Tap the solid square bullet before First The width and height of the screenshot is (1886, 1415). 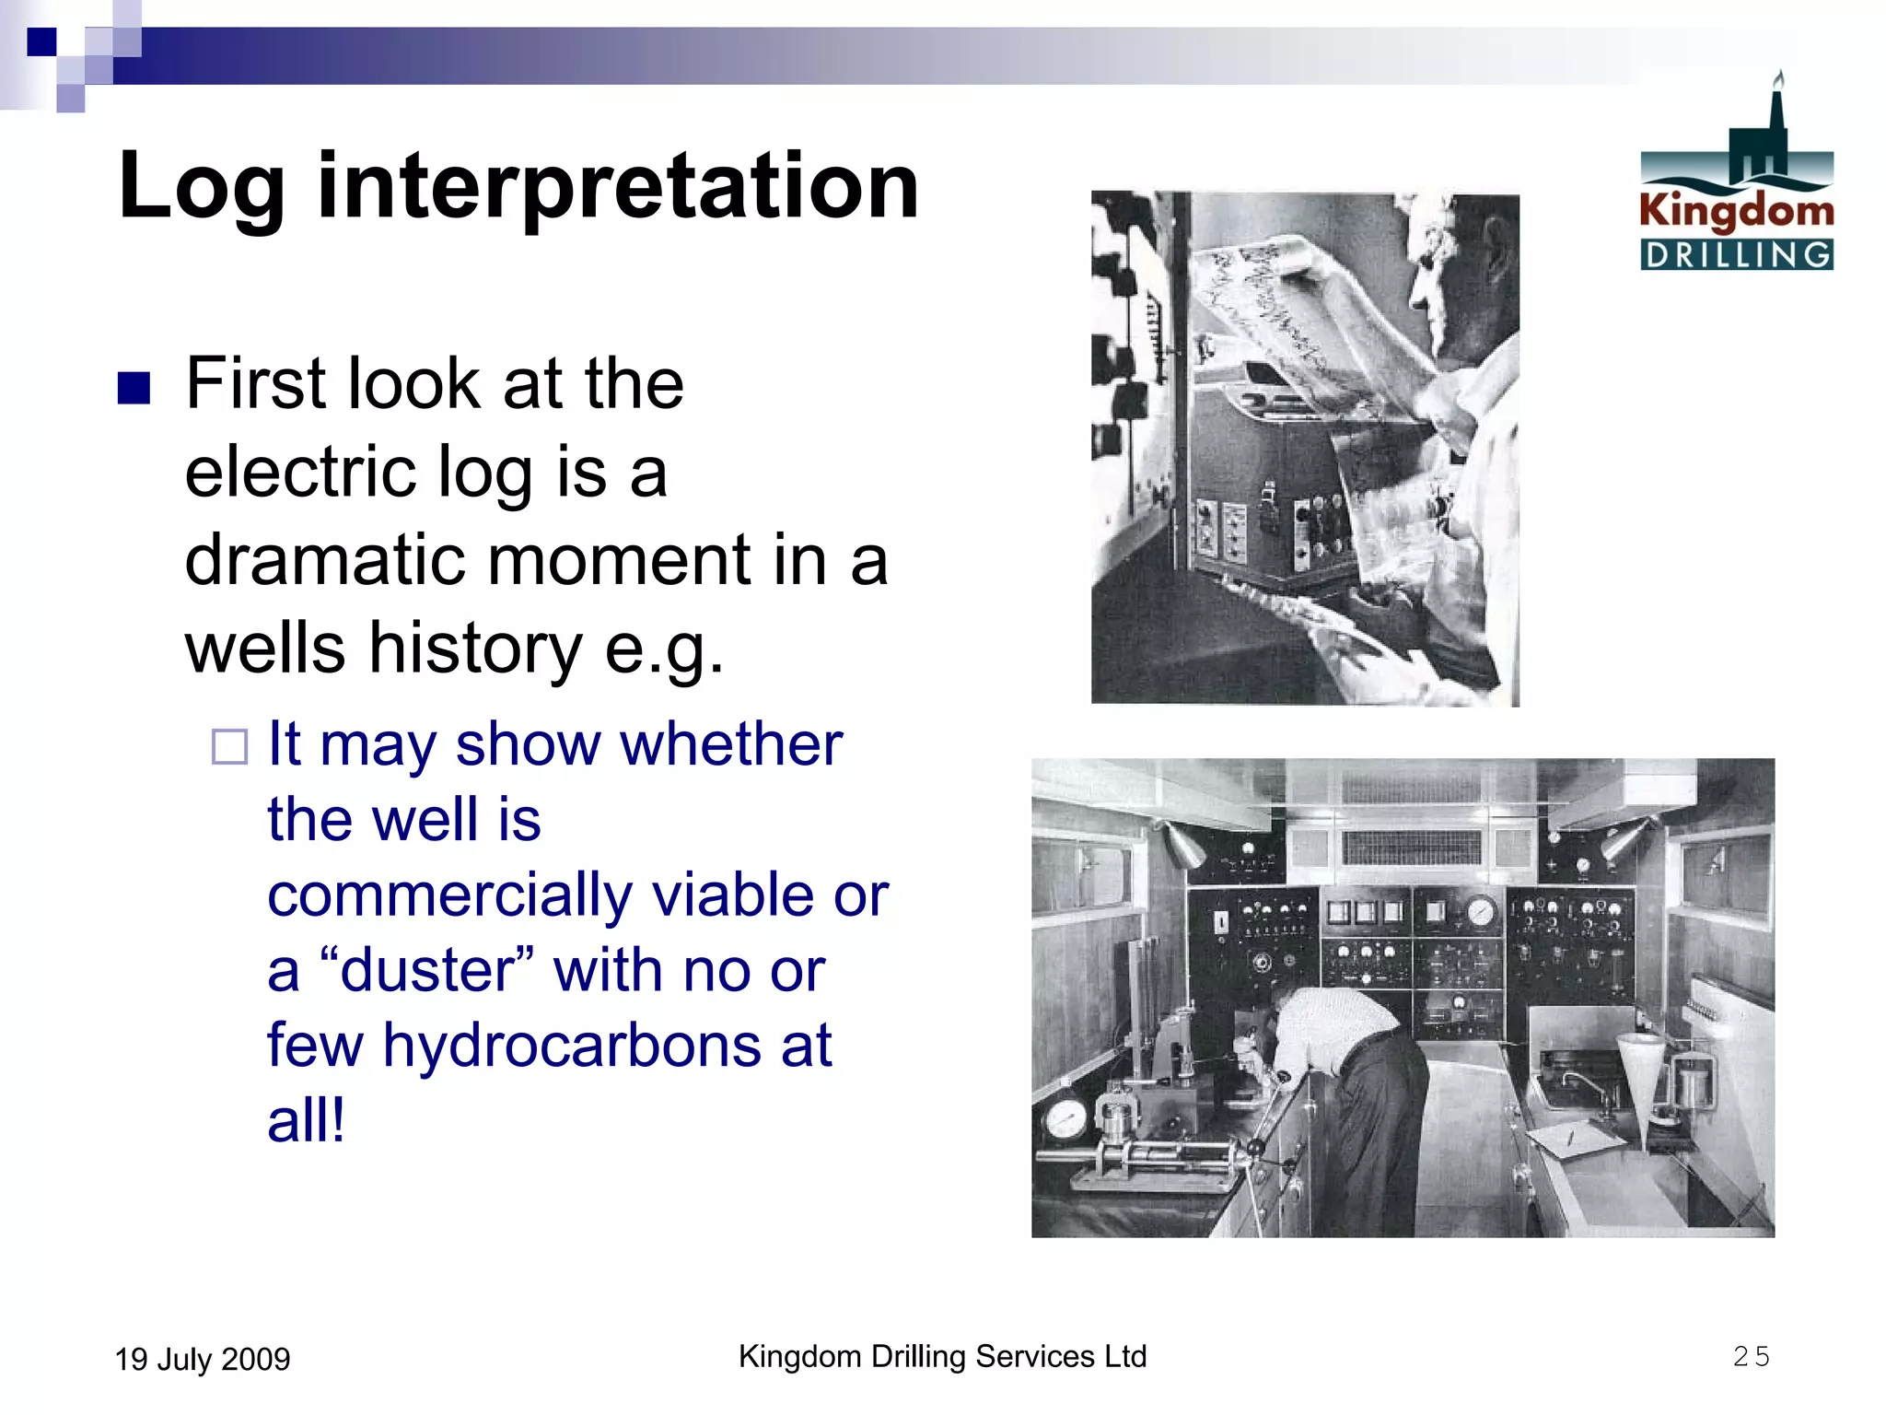pyautogui.click(x=134, y=389)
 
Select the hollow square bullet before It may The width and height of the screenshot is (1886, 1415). pyautogui.click(x=229, y=747)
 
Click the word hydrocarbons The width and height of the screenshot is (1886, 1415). pyautogui.click(x=571, y=1047)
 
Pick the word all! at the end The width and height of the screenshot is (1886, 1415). pyautogui.click(x=306, y=1122)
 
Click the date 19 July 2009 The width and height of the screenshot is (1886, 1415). pyautogui.click(x=203, y=1360)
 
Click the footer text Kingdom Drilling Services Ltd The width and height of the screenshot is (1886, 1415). pyautogui.click(x=942, y=1357)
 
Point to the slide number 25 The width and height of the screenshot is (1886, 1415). pyautogui.click(x=1751, y=1357)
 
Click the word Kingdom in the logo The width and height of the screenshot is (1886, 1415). pyautogui.click(x=1736, y=211)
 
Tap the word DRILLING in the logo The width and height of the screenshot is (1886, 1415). pyautogui.click(x=1736, y=255)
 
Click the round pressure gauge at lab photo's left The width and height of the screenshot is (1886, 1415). pyautogui.click(x=1065, y=1121)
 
